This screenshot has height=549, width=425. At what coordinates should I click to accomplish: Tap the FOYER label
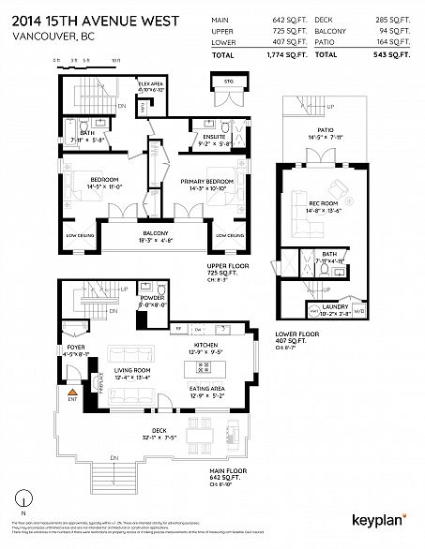coord(73,352)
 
